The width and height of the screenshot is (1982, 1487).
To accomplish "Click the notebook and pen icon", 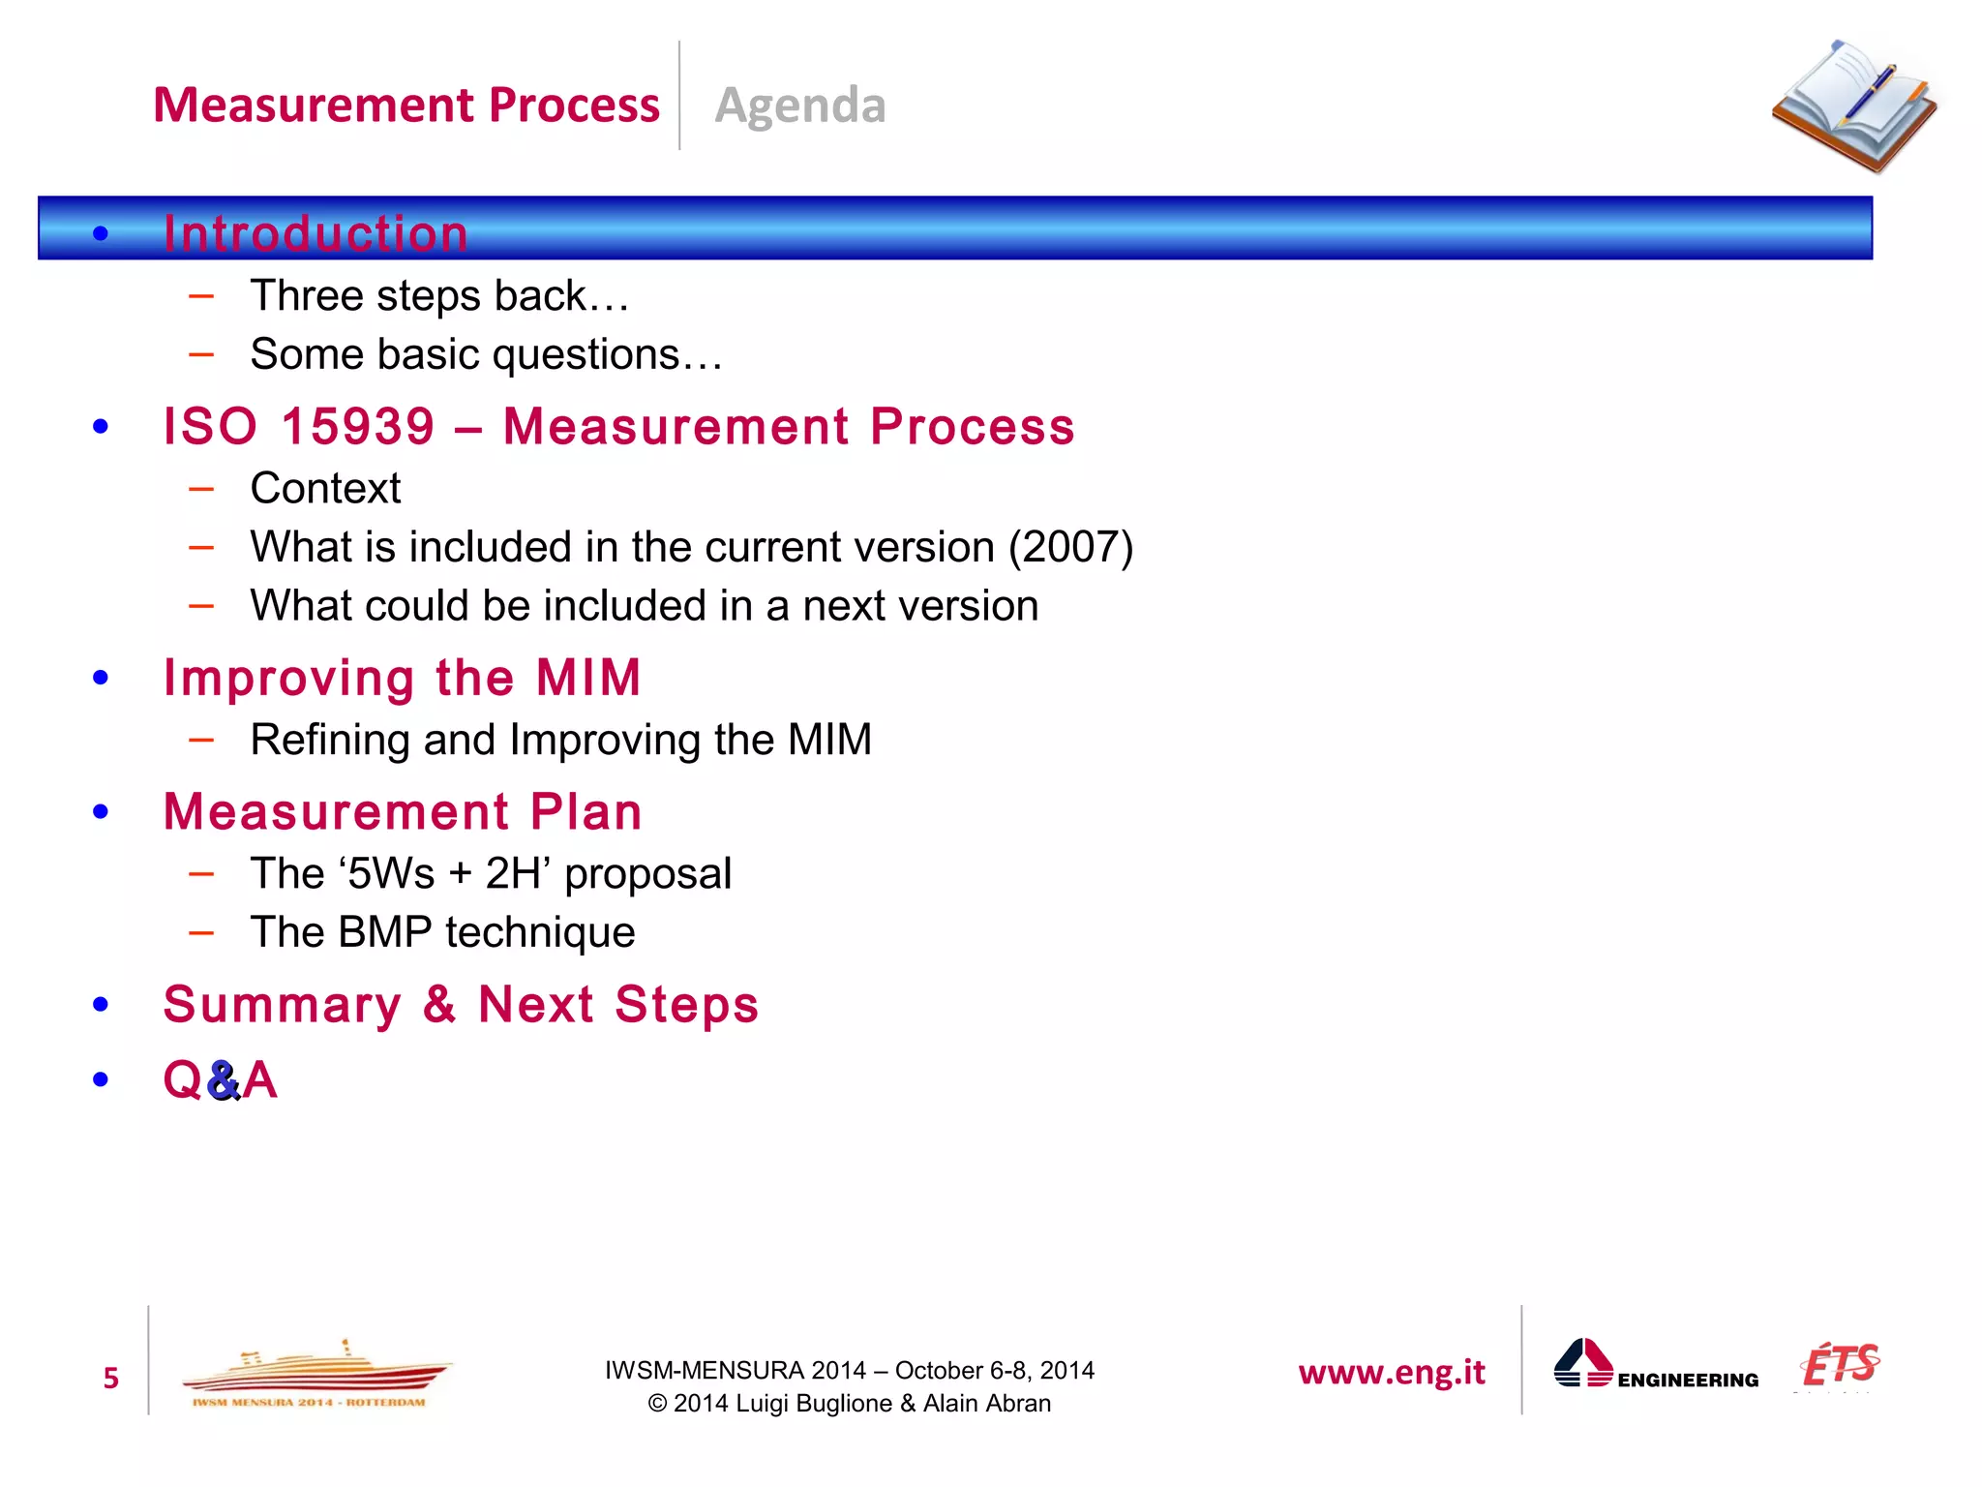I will tap(1853, 106).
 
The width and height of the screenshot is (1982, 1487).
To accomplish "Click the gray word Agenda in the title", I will tap(799, 106).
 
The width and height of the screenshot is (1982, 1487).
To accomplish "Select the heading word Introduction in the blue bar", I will tap(315, 233).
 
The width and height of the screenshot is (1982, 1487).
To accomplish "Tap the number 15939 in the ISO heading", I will tap(358, 427).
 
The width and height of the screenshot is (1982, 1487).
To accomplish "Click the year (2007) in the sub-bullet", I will tap(1070, 547).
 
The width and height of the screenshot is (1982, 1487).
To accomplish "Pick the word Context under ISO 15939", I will tap(325, 489).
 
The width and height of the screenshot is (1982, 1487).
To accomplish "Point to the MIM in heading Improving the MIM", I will tap(588, 678).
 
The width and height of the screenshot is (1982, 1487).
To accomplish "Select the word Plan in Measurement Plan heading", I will tap(586, 812).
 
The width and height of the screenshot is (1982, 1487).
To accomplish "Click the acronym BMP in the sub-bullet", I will tap(385, 933).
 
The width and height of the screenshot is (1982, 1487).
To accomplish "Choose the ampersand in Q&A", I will tap(223, 1081).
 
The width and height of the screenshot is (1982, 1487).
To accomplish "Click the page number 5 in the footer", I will tap(110, 1379).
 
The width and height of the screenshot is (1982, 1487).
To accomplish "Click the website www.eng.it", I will tap(1391, 1373).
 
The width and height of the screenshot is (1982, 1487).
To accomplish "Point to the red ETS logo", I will tap(1839, 1366).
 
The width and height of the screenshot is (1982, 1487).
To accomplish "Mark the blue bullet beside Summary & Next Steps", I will tap(101, 1005).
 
